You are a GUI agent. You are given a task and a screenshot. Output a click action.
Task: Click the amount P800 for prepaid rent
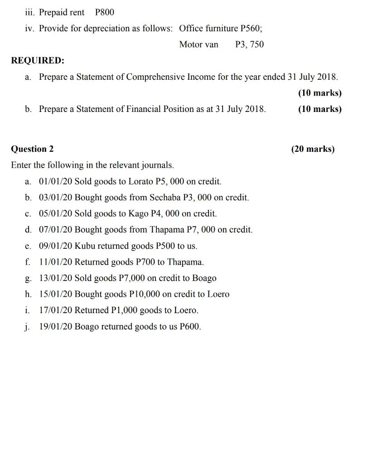pyautogui.click(x=105, y=12)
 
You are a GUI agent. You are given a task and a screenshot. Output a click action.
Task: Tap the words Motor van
pyautogui.click(x=198, y=44)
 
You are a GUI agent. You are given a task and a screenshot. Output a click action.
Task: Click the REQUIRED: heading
pyautogui.click(x=38, y=60)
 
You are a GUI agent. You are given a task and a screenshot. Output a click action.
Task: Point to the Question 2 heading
pyautogui.click(x=32, y=149)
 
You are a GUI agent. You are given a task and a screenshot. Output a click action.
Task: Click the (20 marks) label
pyautogui.click(x=313, y=149)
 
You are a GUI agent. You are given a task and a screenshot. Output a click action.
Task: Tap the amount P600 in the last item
pyautogui.click(x=190, y=327)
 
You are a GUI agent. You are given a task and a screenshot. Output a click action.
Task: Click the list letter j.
pyautogui.click(x=28, y=327)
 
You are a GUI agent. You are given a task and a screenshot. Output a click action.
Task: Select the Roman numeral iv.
pyautogui.click(x=29, y=29)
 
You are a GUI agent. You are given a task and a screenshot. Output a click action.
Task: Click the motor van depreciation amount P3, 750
pyautogui.click(x=249, y=44)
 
